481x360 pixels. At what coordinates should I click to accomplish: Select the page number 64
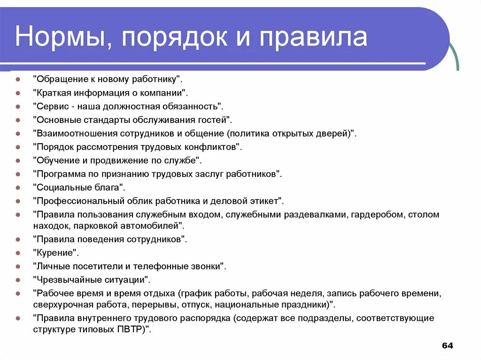coord(448,346)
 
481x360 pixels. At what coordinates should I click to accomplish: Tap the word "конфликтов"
coord(215,147)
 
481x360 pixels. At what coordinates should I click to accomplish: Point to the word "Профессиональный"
coord(79,201)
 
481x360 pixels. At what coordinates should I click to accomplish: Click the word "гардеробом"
coord(379,214)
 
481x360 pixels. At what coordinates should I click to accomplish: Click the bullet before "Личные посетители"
coord(17,267)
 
